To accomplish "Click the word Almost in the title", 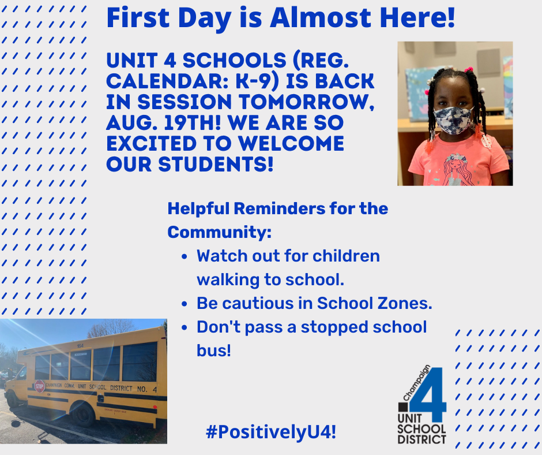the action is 321,18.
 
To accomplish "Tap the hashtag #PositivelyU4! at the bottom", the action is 271,432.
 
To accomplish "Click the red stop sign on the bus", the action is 39,386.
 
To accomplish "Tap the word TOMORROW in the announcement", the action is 306,102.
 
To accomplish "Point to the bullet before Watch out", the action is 185,257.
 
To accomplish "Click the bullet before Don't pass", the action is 185,327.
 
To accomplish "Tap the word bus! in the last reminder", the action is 213,350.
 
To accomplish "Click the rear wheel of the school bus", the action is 82,415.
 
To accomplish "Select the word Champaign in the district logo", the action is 417,383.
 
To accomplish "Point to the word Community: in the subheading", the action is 220,232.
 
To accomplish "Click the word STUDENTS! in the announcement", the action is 216,164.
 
